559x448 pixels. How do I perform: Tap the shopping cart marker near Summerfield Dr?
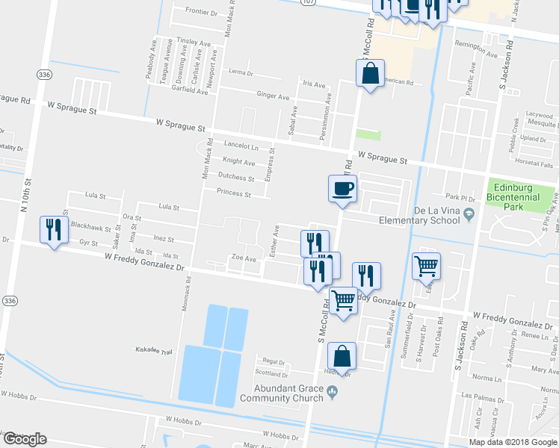point(425,265)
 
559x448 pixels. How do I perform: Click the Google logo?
point(25,439)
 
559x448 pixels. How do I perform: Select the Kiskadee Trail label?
point(153,351)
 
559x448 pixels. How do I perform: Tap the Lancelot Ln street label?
point(240,147)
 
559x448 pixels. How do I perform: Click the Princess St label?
point(233,193)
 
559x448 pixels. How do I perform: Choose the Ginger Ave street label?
point(273,96)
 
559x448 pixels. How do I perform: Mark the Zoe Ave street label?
point(244,258)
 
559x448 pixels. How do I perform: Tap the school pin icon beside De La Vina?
point(469,215)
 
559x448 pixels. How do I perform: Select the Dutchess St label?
point(236,178)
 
